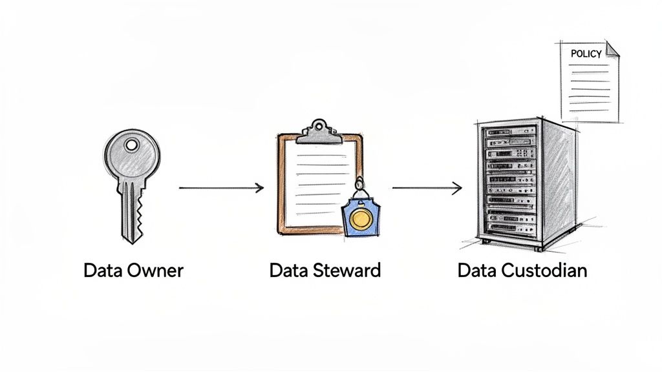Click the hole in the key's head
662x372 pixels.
click(x=132, y=145)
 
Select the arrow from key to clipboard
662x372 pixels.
click(x=221, y=188)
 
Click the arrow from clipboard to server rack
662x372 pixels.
click(x=427, y=188)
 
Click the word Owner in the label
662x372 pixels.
click(x=155, y=271)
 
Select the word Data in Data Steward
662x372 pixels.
click(x=288, y=271)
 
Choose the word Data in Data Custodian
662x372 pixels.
click(x=476, y=271)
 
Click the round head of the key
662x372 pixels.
click(x=131, y=155)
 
